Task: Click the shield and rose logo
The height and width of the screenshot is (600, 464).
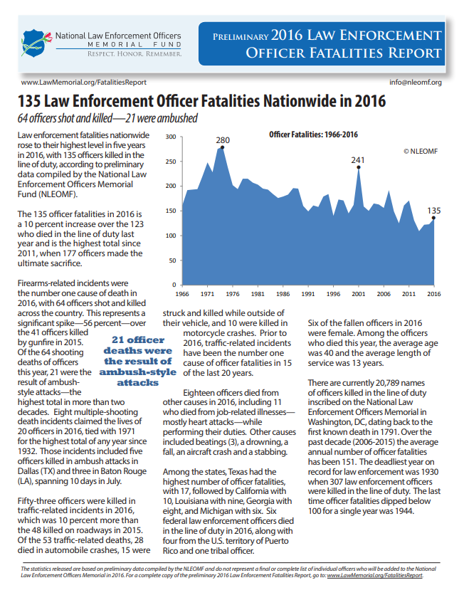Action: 36,43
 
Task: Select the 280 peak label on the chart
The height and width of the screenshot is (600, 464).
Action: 223,140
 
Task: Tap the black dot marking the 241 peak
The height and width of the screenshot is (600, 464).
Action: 359,167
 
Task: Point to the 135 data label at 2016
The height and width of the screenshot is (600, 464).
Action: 434,211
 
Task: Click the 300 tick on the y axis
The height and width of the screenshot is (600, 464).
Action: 171,137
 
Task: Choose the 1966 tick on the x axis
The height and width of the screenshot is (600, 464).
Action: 182,294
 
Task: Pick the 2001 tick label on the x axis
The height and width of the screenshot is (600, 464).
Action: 359,294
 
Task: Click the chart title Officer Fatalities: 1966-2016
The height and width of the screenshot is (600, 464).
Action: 313,135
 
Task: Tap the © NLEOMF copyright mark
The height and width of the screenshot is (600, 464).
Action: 421,151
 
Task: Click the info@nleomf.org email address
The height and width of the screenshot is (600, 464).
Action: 416,83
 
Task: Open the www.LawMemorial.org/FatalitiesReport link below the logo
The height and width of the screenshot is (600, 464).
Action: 84,83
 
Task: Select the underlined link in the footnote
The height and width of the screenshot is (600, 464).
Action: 375,575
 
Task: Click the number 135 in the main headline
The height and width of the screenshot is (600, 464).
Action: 29,101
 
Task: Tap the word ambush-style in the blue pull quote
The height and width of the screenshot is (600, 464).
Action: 138,372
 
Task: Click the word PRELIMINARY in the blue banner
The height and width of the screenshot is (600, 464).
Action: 241,37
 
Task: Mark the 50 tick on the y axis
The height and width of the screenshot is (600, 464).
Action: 172,260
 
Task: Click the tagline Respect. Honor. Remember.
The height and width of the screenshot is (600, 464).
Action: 135,54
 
